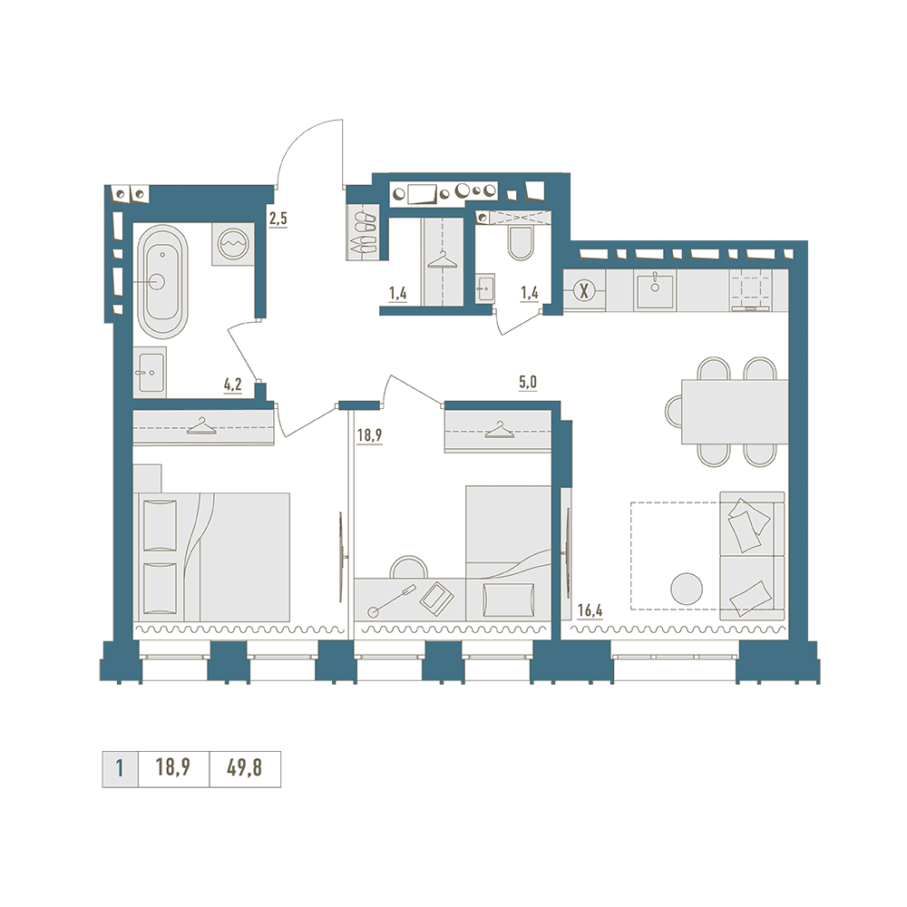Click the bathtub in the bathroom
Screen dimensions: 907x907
click(x=162, y=282)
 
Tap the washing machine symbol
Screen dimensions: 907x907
click(x=233, y=244)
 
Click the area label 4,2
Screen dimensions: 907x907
click(x=232, y=385)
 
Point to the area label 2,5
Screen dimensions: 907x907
click(x=278, y=219)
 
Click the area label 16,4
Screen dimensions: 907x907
click(x=590, y=610)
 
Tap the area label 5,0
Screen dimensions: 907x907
click(x=528, y=383)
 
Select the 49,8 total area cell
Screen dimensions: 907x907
click(x=245, y=768)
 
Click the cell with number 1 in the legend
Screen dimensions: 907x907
click(x=120, y=769)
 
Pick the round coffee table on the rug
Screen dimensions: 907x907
click(x=686, y=589)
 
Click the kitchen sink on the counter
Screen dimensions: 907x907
click(x=655, y=291)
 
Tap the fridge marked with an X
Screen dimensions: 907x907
click(x=584, y=291)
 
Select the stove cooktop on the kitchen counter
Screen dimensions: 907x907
click(x=751, y=291)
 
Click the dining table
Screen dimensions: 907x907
click(x=735, y=412)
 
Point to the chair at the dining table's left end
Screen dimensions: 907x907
click(x=673, y=411)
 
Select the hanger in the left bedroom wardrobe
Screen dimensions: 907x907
click(x=200, y=427)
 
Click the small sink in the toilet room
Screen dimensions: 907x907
click(x=484, y=288)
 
